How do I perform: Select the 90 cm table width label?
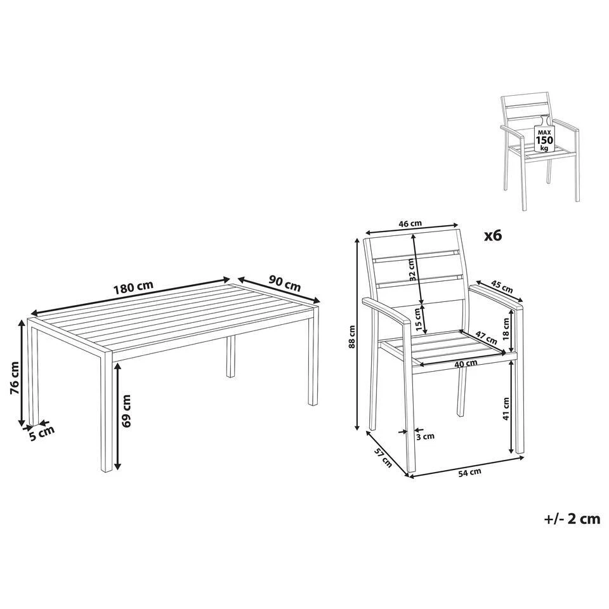tap(284, 284)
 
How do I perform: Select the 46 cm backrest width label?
tap(410, 223)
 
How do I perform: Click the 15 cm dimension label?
tap(417, 317)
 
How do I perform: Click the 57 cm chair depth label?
tap(382, 458)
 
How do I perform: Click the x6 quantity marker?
tap(492, 235)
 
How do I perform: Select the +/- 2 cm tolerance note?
tap(571, 518)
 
